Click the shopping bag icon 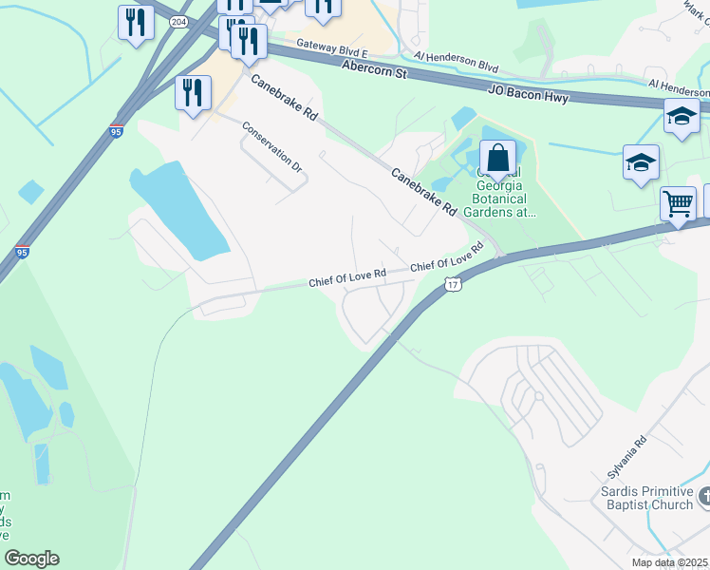click(497, 157)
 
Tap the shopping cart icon click(678, 202)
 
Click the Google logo click(31, 559)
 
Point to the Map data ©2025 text click(670, 562)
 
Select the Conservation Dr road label click(271, 146)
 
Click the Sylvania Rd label click(627, 457)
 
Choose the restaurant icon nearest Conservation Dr click(193, 92)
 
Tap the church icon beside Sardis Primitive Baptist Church click(703, 497)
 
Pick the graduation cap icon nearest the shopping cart click(641, 161)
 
